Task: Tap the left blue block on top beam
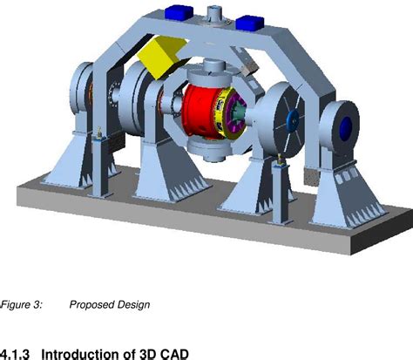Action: click(179, 12)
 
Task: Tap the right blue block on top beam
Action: click(250, 23)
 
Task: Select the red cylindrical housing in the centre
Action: click(200, 111)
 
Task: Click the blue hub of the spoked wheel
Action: click(293, 120)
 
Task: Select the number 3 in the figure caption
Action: click(38, 305)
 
